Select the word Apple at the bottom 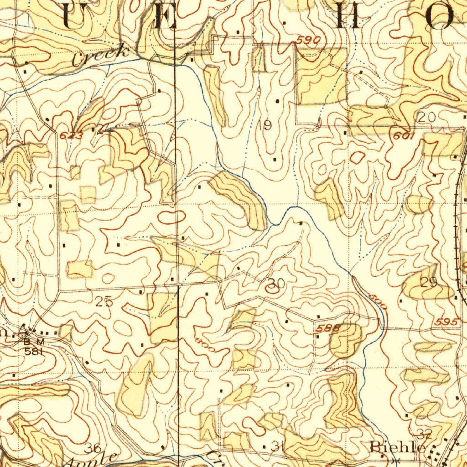click(91, 460)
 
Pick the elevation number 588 click(327, 327)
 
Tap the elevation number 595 click(446, 322)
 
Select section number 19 click(265, 125)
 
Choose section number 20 click(427, 117)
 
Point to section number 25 click(104, 301)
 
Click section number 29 click(429, 283)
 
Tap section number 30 click(277, 284)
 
